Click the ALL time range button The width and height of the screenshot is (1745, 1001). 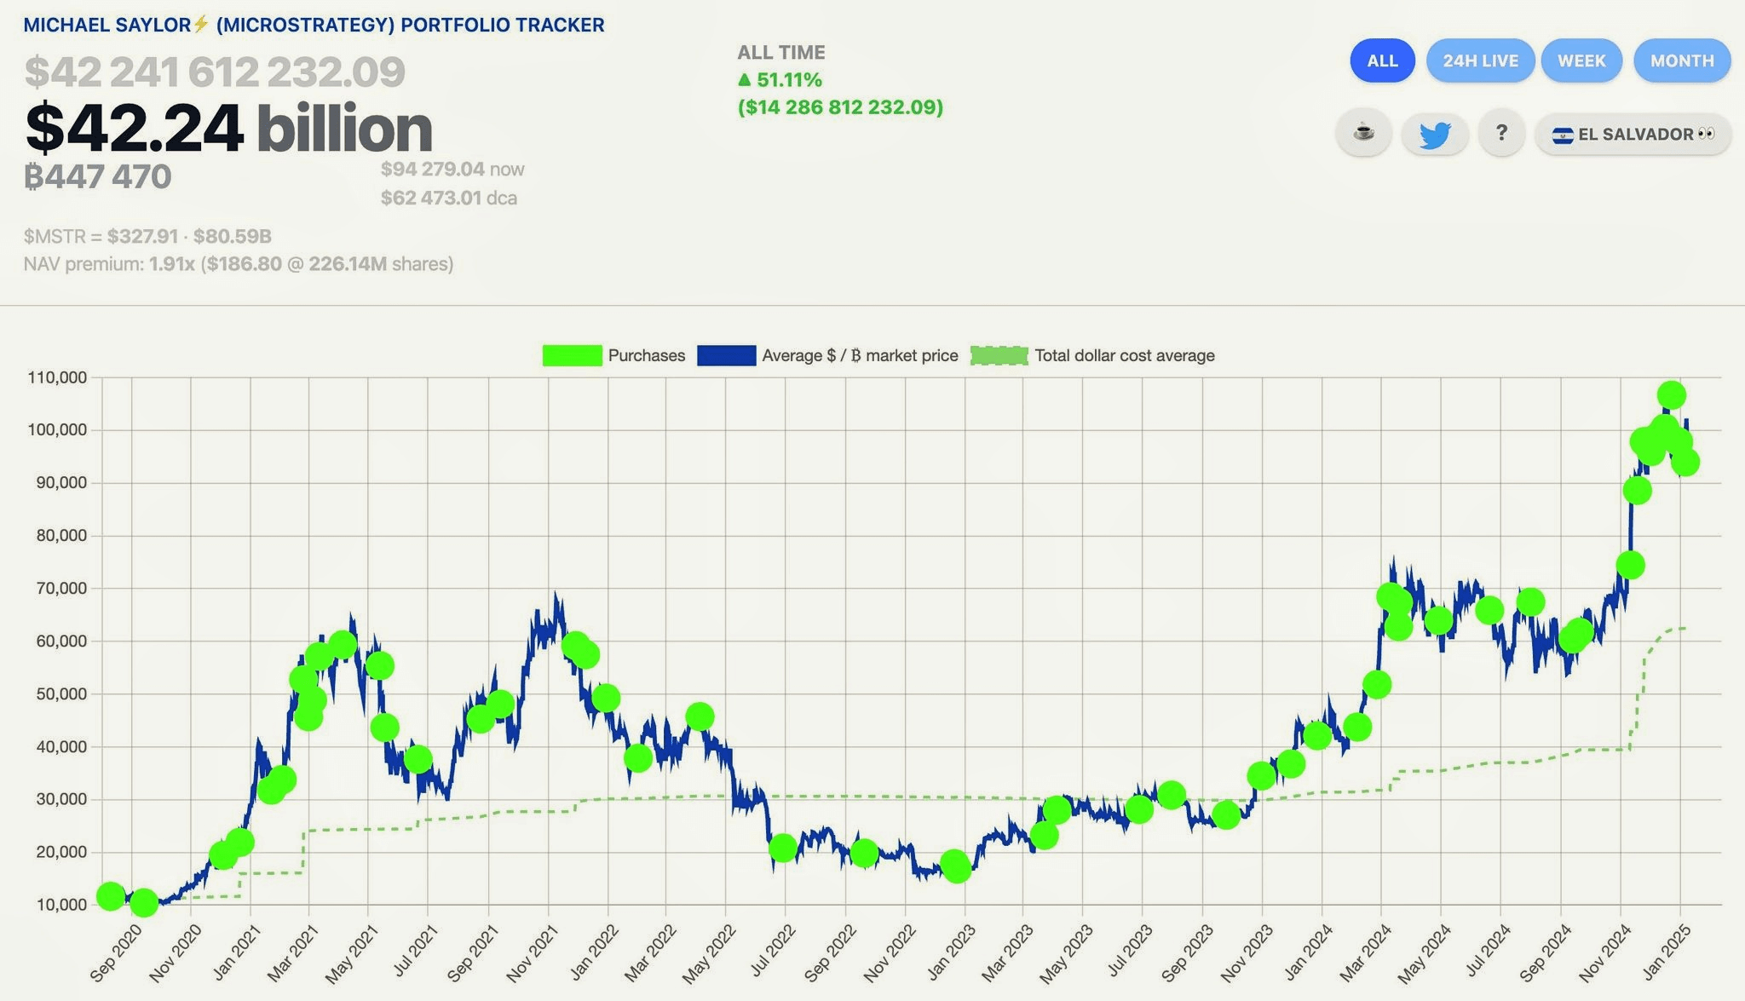pyautogui.click(x=1382, y=60)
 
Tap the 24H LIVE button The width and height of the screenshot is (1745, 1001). pyautogui.click(x=1480, y=60)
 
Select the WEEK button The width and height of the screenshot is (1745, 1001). pyautogui.click(x=1581, y=60)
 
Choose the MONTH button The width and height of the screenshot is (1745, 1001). pyautogui.click(x=1682, y=60)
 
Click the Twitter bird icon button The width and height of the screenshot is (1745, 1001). pyautogui.click(x=1435, y=134)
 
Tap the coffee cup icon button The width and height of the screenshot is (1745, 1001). pyautogui.click(x=1363, y=134)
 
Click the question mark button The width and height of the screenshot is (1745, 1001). pyautogui.click(x=1501, y=134)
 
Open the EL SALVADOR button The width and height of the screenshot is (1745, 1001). pyautogui.click(x=1633, y=135)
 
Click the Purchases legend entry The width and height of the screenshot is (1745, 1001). pyautogui.click(x=613, y=355)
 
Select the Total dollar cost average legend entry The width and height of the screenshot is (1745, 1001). pyautogui.click(x=1093, y=355)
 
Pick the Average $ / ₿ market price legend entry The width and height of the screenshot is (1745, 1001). pyautogui.click(x=827, y=355)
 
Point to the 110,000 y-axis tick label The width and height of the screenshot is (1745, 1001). pyautogui.click(x=58, y=377)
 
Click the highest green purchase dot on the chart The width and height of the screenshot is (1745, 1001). pyautogui.click(x=1672, y=395)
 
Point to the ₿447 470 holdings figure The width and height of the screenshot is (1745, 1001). pyautogui.click(x=98, y=177)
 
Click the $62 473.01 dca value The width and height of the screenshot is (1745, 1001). pyautogui.click(x=431, y=198)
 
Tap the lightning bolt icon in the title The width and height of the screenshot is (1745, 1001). pyautogui.click(x=201, y=24)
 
